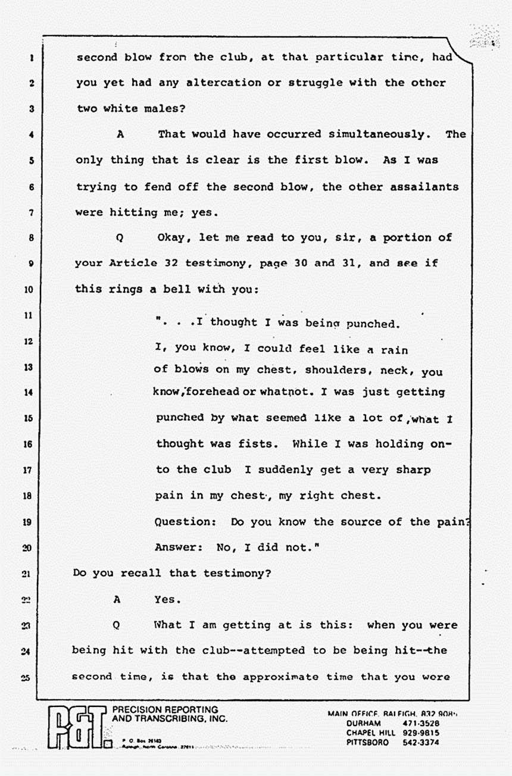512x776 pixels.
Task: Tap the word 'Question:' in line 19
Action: [x=186, y=522]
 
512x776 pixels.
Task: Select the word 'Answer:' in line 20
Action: [x=179, y=547]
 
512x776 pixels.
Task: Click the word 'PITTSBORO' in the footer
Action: [x=368, y=743]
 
